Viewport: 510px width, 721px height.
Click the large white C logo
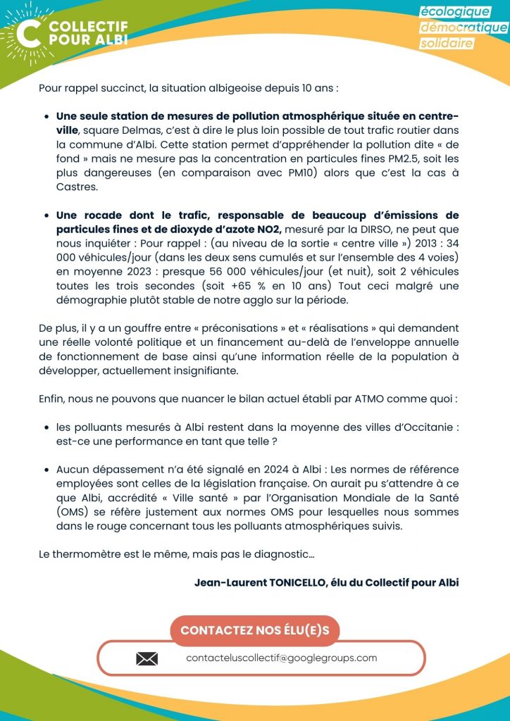(x=30, y=32)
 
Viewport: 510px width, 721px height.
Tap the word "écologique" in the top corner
(x=454, y=12)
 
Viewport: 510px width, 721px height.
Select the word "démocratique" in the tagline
(x=464, y=27)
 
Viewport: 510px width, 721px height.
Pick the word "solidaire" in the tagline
(x=447, y=44)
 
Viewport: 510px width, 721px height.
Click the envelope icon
(x=147, y=659)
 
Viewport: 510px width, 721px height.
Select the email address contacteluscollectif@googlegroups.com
(x=282, y=658)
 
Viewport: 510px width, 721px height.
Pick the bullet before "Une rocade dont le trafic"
(x=47, y=215)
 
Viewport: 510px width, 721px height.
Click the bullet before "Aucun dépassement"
(x=47, y=469)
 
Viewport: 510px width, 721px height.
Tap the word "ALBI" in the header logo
(x=110, y=39)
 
